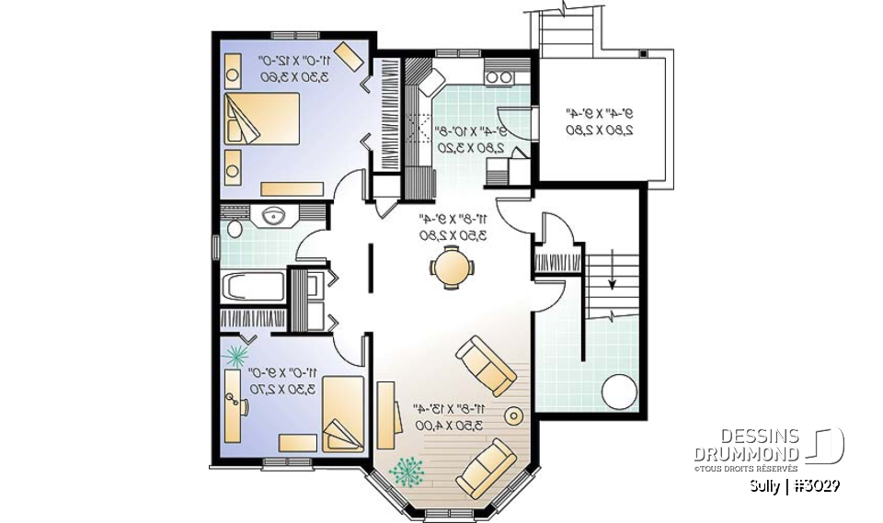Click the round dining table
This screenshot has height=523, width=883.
(x=452, y=269)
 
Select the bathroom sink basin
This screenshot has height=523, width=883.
(x=272, y=216)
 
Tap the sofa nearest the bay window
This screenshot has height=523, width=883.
(x=487, y=467)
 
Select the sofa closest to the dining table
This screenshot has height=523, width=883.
(x=487, y=366)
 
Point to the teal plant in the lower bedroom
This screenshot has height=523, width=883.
(x=238, y=351)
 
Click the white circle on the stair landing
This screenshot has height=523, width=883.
(x=618, y=392)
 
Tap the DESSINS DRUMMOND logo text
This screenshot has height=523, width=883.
(x=746, y=446)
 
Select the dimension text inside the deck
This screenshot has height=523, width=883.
(x=598, y=121)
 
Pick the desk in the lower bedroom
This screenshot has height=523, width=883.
(x=232, y=415)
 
